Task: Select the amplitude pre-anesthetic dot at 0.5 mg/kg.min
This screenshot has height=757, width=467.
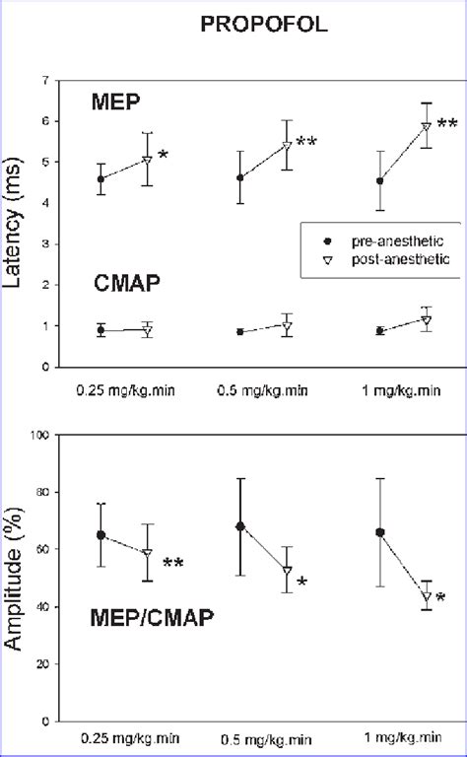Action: (x=240, y=526)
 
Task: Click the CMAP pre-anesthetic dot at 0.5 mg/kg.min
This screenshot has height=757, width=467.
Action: (x=240, y=332)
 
